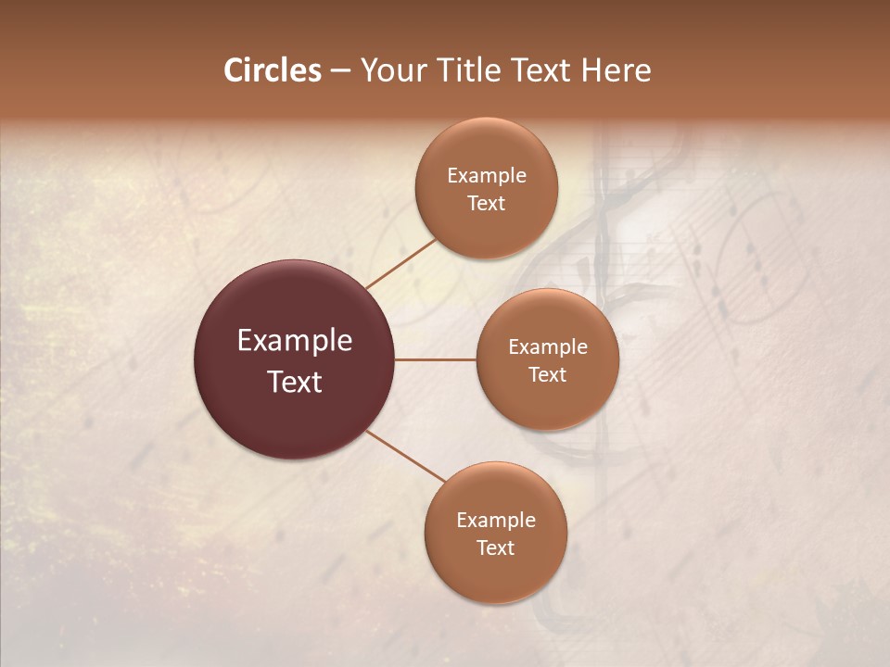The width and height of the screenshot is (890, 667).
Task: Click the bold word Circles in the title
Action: [x=273, y=70]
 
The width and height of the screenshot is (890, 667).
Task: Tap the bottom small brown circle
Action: [x=496, y=579]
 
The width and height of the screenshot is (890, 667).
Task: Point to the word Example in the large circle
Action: [x=295, y=341]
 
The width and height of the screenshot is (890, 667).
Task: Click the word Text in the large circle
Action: [x=295, y=382]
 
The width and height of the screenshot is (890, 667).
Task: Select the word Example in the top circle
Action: [x=487, y=175]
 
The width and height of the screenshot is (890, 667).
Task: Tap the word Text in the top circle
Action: [x=487, y=203]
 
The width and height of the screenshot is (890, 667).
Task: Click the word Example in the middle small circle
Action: [x=548, y=346]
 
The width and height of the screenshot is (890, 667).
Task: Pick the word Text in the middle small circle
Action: [x=548, y=374]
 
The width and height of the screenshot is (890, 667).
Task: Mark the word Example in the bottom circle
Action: [x=496, y=520]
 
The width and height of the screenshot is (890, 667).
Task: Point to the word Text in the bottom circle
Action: [x=496, y=547]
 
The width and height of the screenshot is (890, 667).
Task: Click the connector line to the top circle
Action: [x=401, y=263]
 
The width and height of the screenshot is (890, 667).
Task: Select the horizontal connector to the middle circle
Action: [x=436, y=359]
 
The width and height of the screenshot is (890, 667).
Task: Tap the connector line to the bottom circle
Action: [x=406, y=456]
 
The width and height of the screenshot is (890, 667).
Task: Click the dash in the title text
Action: [x=340, y=71]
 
